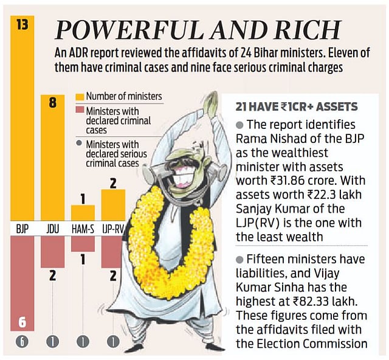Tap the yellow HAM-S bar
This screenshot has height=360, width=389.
(83, 213)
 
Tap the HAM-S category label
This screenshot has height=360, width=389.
(83, 229)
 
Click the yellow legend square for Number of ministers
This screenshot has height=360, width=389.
(79, 96)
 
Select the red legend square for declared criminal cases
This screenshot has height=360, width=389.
(79, 111)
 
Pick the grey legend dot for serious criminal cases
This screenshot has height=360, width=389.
(79, 144)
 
